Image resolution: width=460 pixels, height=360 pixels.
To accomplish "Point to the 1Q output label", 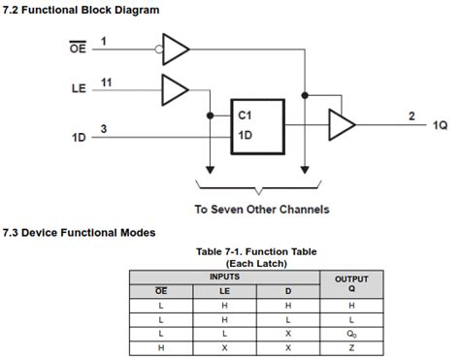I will (440, 126).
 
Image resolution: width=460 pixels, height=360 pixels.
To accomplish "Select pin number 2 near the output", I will (411, 116).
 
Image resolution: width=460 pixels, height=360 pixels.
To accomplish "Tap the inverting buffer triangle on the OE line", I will (176, 46).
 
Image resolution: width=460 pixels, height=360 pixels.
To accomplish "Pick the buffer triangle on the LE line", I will (175, 89).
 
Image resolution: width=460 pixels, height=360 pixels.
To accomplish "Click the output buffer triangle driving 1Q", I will (342, 123).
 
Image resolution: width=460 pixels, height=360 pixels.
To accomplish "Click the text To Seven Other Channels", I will (262, 209).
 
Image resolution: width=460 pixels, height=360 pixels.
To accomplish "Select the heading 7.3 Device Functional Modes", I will (79, 233).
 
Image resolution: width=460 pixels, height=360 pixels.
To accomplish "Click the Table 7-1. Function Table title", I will (257, 251).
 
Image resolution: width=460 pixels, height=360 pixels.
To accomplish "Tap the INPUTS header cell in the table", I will (225, 277).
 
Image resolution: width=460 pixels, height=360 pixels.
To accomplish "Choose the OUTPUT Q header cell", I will (351, 282).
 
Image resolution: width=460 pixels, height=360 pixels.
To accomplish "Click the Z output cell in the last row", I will (351, 346).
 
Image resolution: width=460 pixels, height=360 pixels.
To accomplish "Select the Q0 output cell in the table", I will (351, 333).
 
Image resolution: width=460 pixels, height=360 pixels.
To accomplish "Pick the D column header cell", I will (288, 290).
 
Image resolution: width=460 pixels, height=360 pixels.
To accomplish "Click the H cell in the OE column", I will (162, 346).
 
